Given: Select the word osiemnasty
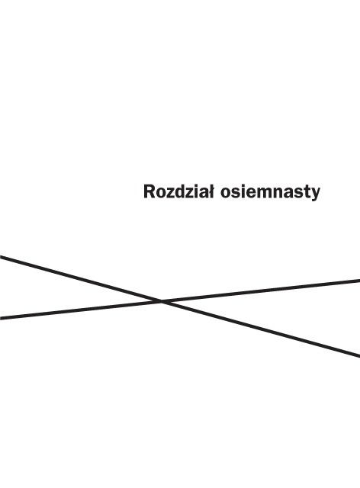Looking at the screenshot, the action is (x=270, y=193).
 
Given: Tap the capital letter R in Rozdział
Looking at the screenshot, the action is (x=149, y=191).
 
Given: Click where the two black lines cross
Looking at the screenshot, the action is (x=162, y=301).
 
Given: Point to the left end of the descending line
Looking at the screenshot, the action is (x=0, y=257).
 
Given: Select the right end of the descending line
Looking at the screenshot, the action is (x=359, y=355).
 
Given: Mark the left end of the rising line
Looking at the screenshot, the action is (x=0, y=318).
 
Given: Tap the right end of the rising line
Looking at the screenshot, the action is (x=359, y=281).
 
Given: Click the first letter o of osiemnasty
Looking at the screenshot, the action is (x=225, y=194).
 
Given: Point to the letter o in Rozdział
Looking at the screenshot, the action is (x=160, y=194).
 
